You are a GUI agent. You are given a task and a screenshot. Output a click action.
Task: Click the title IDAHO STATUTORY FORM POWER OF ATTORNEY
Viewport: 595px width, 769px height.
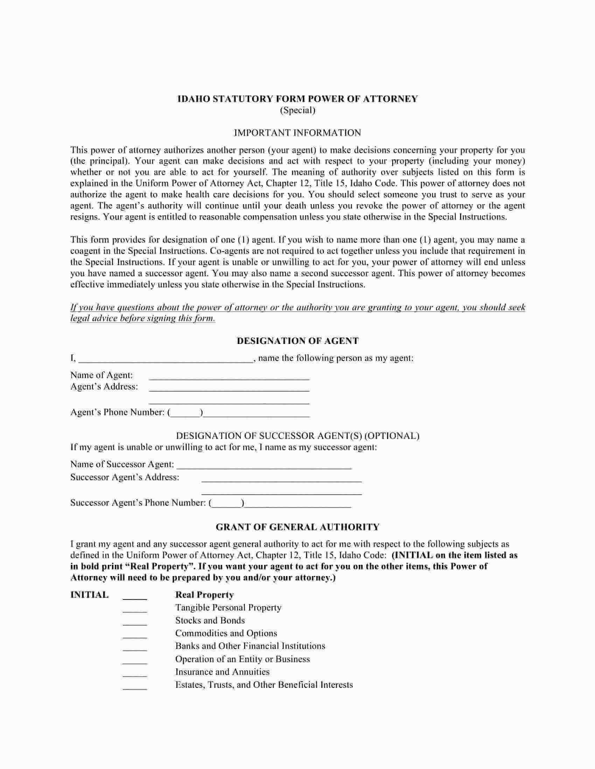(x=297, y=99)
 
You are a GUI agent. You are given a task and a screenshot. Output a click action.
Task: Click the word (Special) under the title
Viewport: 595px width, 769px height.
(x=297, y=110)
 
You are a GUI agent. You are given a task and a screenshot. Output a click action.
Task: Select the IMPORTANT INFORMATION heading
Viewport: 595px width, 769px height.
(x=297, y=133)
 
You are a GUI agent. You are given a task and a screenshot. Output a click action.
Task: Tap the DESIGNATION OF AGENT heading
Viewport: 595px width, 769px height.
(x=297, y=341)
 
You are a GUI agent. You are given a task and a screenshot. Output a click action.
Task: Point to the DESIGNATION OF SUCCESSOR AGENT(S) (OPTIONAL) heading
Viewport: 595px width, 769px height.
(x=297, y=436)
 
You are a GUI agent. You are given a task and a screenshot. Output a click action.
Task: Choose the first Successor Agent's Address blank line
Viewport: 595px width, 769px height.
(x=281, y=480)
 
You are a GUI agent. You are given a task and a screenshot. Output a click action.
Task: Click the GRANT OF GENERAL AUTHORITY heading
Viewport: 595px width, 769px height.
(x=297, y=527)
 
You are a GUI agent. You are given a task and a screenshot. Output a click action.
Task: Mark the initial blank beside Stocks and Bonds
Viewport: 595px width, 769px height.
(x=135, y=622)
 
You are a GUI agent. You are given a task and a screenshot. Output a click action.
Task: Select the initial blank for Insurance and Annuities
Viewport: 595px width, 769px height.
(x=135, y=674)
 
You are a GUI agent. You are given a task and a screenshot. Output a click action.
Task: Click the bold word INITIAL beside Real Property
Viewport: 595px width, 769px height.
(x=90, y=595)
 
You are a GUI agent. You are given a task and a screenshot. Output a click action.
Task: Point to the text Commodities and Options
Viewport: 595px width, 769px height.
(x=226, y=633)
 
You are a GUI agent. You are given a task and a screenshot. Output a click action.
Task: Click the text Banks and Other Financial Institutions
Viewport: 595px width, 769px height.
(x=250, y=646)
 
